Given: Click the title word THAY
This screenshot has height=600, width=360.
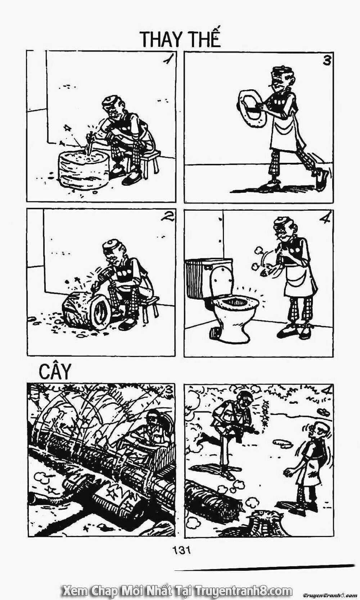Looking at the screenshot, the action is click(x=161, y=39).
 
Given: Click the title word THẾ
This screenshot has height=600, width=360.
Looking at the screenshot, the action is click(x=204, y=38).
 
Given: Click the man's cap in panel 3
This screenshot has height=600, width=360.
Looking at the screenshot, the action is click(x=280, y=71).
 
